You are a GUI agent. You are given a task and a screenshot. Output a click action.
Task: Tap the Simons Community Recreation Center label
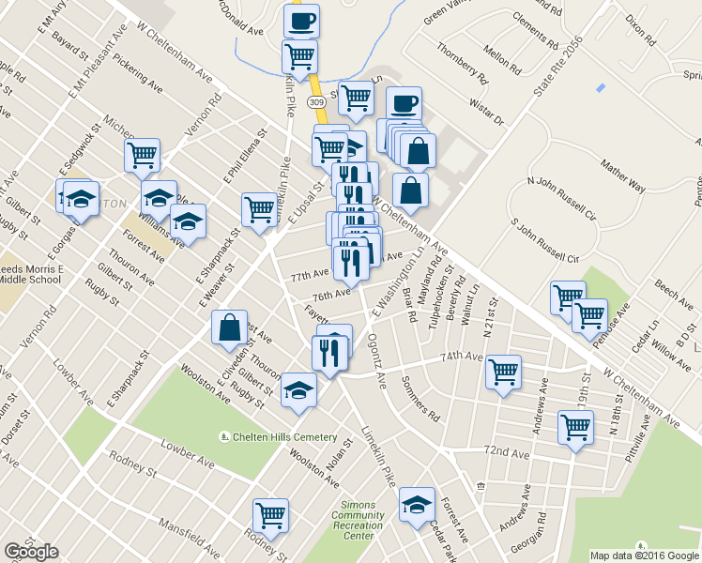357,520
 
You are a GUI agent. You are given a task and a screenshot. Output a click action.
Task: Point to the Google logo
31,552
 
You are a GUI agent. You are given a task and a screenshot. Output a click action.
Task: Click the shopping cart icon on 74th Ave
504,371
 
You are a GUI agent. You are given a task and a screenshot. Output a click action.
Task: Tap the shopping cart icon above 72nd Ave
575,427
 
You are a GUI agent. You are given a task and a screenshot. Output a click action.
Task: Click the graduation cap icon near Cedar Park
417,505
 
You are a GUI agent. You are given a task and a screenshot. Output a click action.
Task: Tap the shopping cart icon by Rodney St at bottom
270,513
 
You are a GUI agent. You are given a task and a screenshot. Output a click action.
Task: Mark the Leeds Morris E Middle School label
31,273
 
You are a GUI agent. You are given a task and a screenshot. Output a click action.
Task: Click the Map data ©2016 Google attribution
645,555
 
